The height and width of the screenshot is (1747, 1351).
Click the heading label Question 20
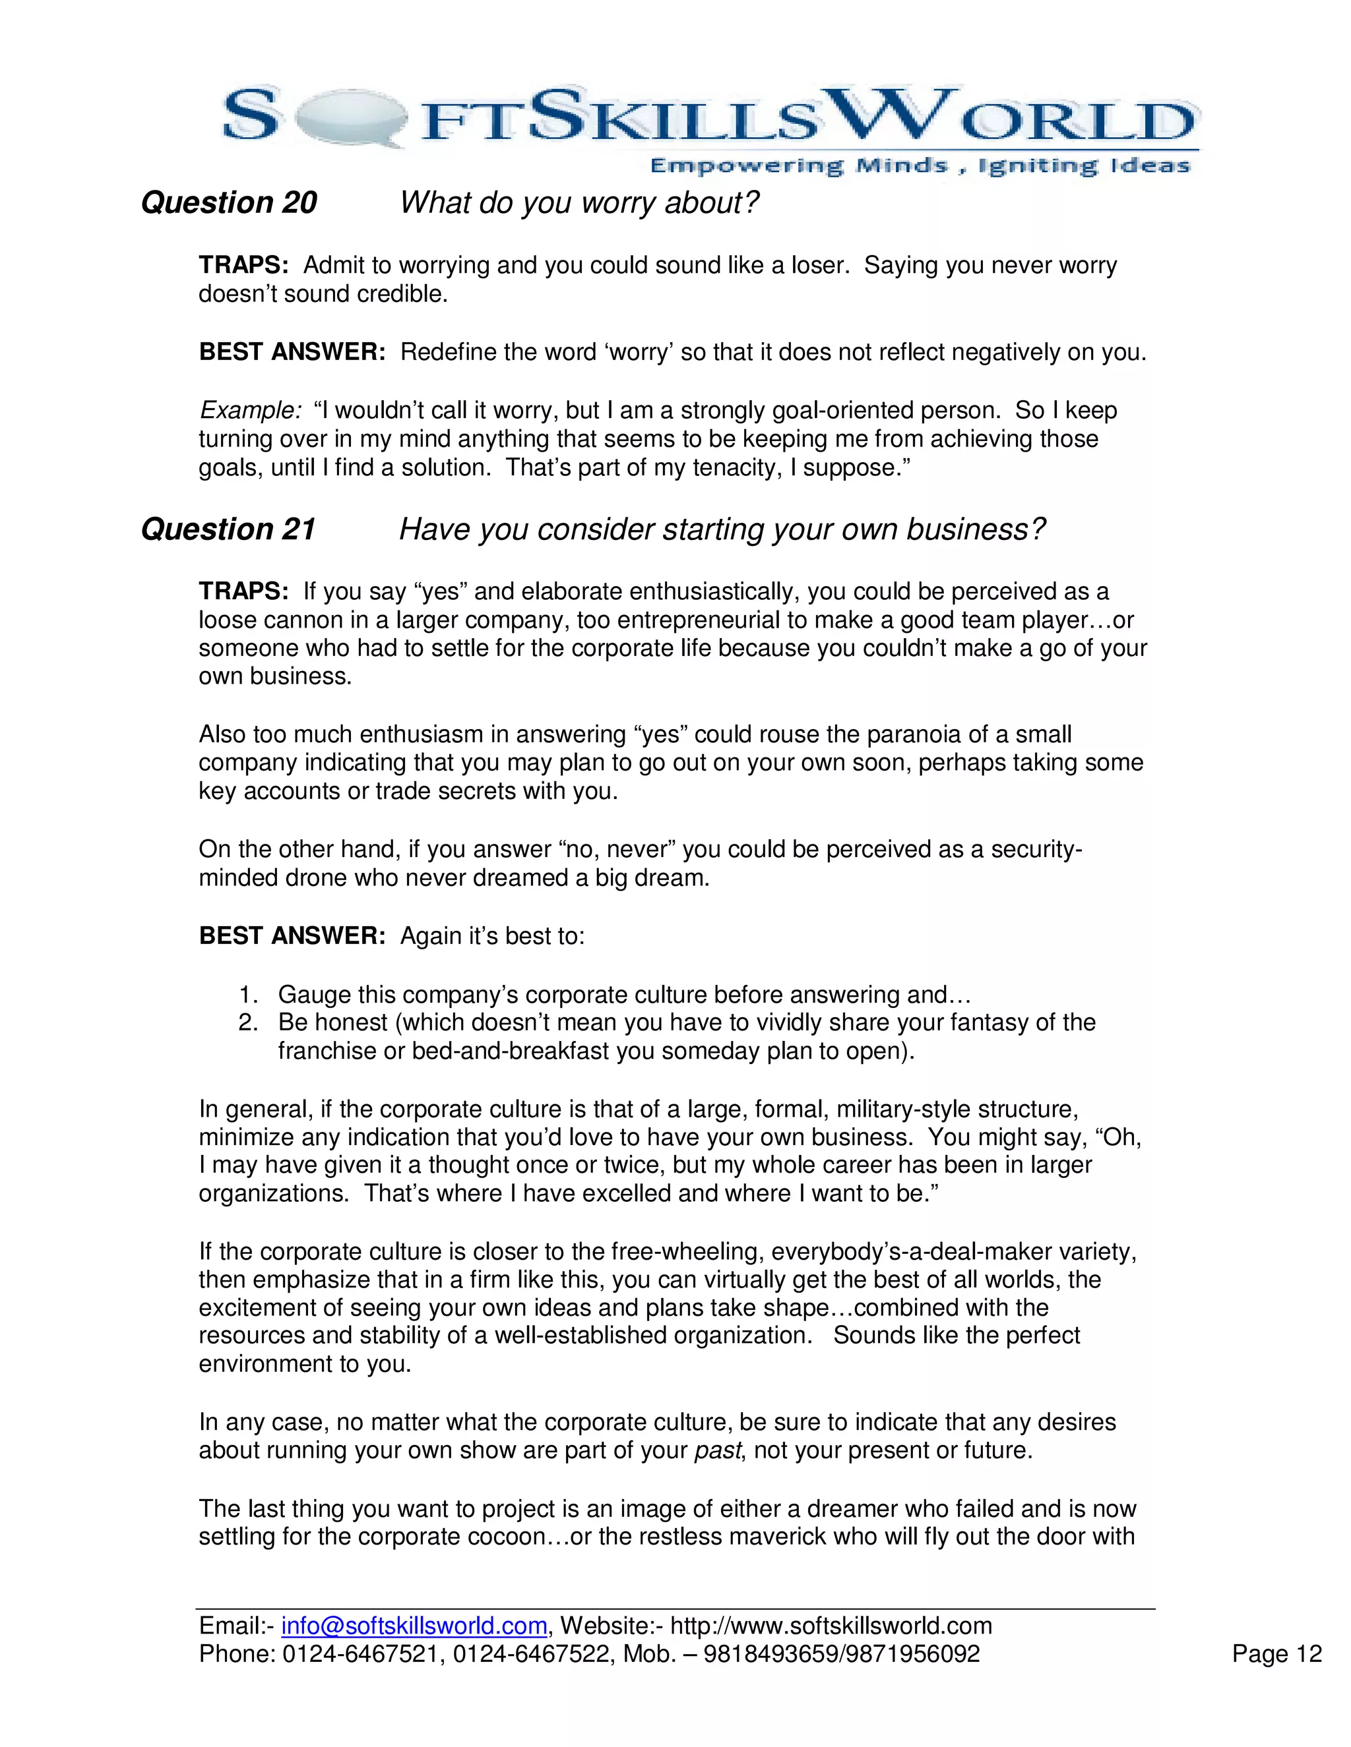click(229, 202)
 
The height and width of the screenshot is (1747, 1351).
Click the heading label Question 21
click(228, 529)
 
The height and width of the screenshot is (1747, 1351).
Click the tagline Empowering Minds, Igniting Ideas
click(919, 165)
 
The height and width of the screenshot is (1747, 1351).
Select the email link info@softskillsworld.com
click(414, 1626)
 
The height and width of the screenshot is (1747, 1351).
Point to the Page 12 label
click(1276, 1653)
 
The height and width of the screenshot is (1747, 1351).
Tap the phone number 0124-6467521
click(360, 1653)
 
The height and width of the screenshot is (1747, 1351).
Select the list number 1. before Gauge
click(249, 994)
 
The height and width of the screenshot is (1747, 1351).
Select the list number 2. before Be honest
click(249, 1022)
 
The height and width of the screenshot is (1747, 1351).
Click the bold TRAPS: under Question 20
click(243, 265)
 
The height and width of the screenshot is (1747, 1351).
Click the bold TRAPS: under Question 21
click(243, 591)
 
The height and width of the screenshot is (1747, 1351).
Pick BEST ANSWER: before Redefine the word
click(292, 352)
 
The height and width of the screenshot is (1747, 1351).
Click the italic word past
click(718, 1450)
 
